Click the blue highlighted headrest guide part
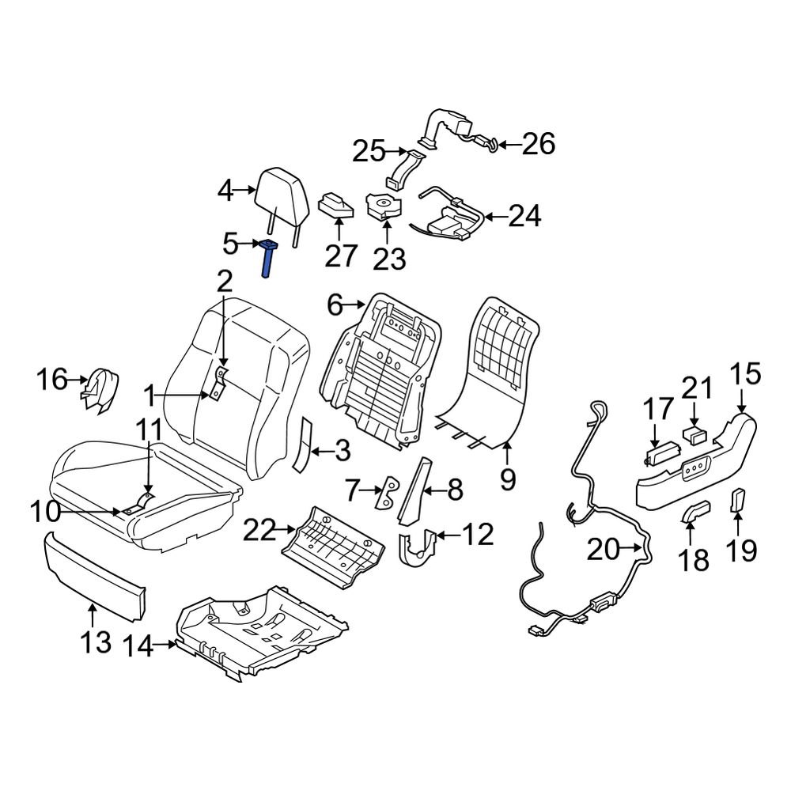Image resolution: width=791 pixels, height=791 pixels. [268, 259]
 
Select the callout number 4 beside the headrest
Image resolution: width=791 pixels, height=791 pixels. [226, 191]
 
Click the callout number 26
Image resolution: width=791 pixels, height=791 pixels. [538, 145]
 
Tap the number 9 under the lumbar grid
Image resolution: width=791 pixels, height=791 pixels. [507, 478]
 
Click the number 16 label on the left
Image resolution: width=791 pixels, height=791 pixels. [54, 381]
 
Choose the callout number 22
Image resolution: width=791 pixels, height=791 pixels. [261, 531]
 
